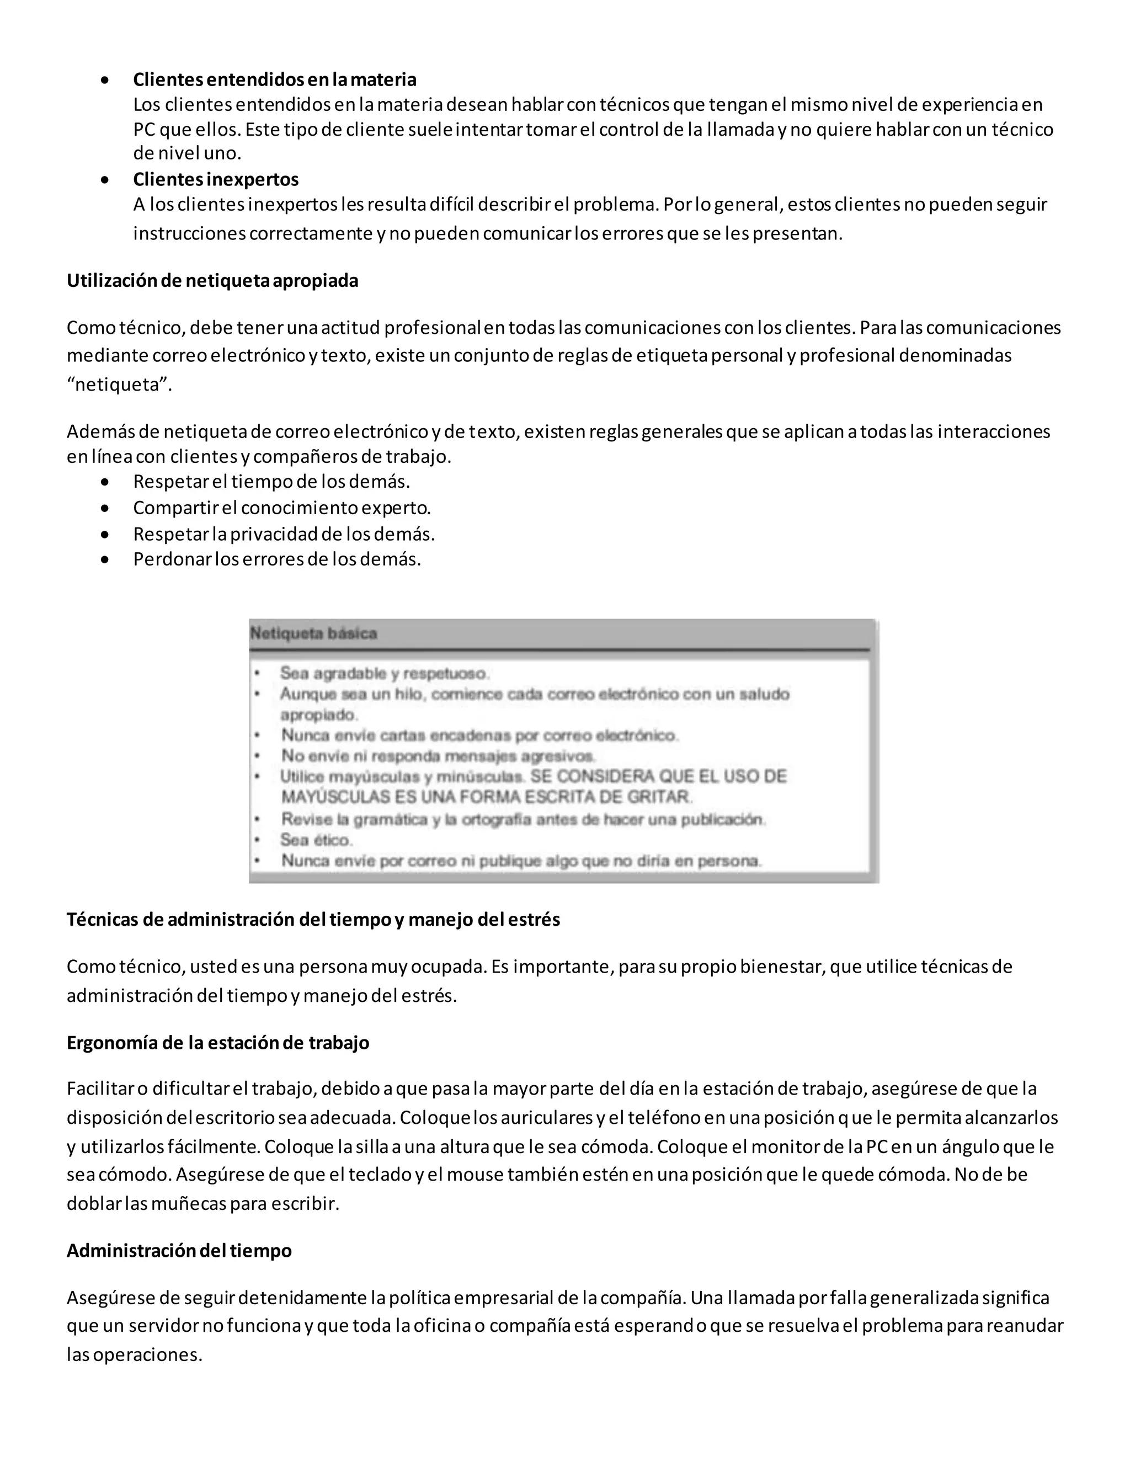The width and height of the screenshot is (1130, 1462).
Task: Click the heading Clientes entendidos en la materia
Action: (274, 79)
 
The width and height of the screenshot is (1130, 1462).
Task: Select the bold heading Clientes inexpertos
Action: (216, 179)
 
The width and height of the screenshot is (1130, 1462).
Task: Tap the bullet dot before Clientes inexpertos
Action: (105, 180)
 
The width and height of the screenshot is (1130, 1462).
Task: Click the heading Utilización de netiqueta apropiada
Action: (212, 280)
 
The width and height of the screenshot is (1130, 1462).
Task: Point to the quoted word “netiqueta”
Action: (119, 385)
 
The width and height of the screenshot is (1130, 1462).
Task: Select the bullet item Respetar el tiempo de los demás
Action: (271, 481)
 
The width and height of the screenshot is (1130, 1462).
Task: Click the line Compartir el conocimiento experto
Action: (281, 508)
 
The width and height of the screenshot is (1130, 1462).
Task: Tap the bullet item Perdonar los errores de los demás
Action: (276, 559)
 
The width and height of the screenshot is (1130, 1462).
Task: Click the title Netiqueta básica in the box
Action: (313, 633)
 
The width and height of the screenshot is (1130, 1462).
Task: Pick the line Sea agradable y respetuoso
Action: (384, 673)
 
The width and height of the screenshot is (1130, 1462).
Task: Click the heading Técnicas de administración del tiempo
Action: (313, 919)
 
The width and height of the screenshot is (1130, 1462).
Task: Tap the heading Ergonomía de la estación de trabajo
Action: (217, 1042)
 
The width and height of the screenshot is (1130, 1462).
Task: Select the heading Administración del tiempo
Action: (179, 1251)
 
